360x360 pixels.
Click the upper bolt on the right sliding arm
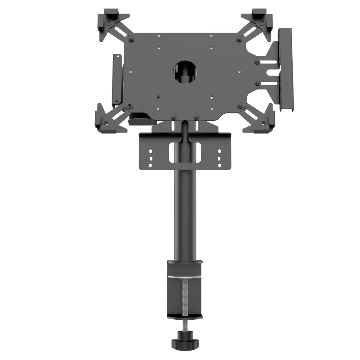point(257,62)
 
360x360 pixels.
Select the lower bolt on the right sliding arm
point(257,83)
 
